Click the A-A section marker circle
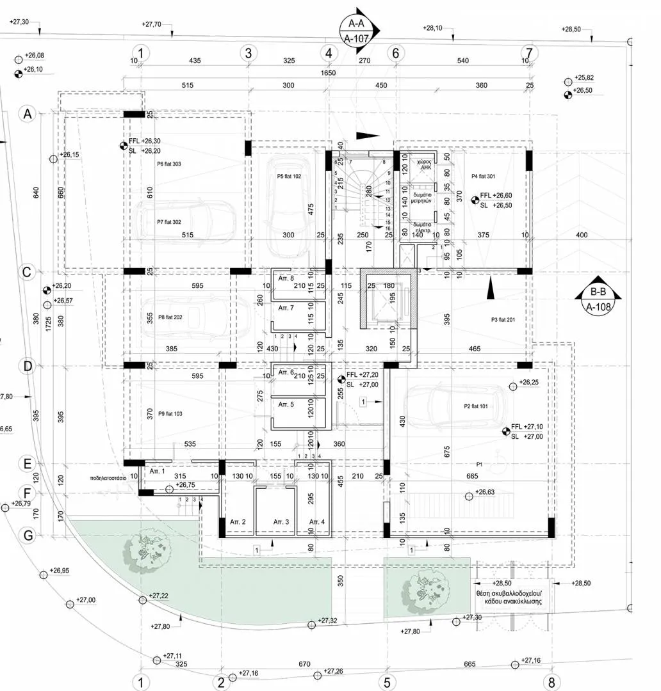(x=360, y=31)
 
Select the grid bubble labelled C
(x=27, y=272)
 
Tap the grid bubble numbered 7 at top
(x=529, y=52)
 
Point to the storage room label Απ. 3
(x=281, y=523)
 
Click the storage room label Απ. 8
(x=286, y=278)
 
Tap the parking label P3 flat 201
(x=503, y=320)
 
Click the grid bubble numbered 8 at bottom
(x=551, y=682)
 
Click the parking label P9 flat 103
(x=170, y=414)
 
